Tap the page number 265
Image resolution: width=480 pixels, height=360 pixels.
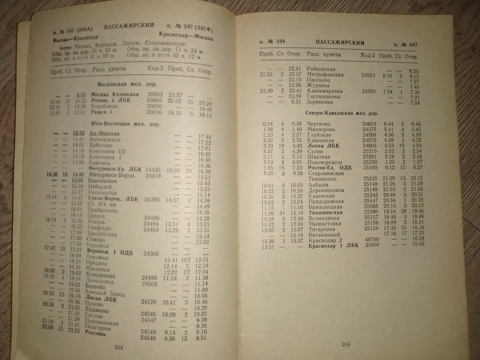[346, 344]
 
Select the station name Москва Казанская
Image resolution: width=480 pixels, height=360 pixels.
[115, 94]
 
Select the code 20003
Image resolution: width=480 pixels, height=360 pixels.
[155, 95]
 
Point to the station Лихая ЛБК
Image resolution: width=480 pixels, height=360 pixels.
[323, 146]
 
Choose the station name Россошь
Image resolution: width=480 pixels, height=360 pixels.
[95, 333]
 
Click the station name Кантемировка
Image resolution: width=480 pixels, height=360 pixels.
[325, 91]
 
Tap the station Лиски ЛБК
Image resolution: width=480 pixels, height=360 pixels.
[101, 299]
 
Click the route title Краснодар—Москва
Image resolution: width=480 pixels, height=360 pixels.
[186, 36]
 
